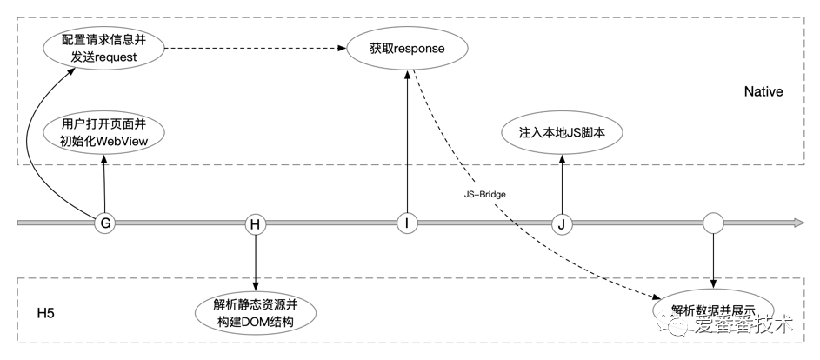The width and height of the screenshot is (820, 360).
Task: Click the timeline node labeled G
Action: click(106, 223)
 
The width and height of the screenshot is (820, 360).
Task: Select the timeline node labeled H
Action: click(255, 223)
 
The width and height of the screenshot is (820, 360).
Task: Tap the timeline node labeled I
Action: click(406, 223)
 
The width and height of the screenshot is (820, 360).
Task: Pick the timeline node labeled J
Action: click(562, 223)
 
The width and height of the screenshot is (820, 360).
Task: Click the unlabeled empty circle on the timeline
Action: click(713, 223)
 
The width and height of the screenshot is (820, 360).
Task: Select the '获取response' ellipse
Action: click(407, 49)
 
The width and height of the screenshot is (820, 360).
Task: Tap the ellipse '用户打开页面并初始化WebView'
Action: click(104, 131)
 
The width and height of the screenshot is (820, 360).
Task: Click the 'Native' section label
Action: click(763, 91)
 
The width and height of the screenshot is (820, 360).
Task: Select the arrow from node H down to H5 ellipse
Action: click(255, 261)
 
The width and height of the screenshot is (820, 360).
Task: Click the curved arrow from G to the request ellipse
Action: click(39, 139)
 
